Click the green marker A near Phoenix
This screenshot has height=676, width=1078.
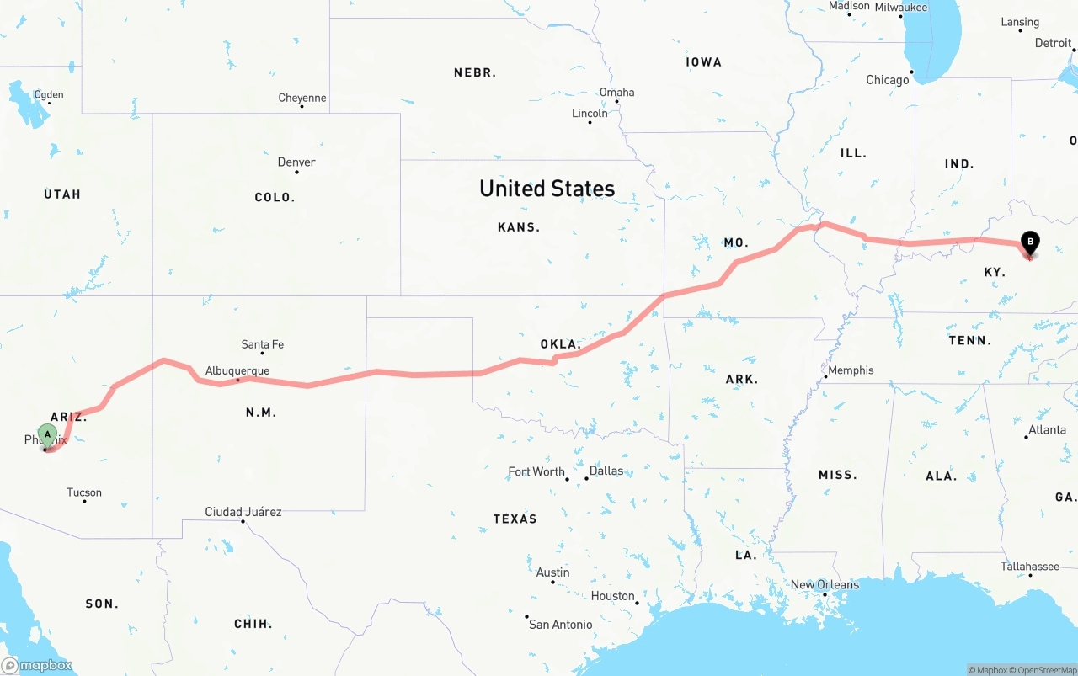pos(48,434)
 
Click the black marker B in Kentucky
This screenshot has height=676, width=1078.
pos(1029,243)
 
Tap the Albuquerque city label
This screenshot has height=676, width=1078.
pos(237,370)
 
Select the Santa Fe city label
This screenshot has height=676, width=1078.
pos(262,343)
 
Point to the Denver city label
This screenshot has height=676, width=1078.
pos(296,162)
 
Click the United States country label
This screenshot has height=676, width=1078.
pos(547,189)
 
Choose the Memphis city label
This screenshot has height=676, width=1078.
pos(851,370)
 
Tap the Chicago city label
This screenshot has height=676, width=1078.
pos(888,80)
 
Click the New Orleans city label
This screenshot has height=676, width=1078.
pos(825,584)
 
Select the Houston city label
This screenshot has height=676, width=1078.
pos(612,596)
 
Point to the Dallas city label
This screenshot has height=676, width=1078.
pos(606,471)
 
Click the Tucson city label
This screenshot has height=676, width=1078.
pos(84,492)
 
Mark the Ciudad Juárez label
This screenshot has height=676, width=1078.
pos(243,512)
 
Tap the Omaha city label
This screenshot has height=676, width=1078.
pos(616,92)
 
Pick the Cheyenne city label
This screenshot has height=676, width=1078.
pos(302,98)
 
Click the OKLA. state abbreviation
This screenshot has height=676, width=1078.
pos(560,344)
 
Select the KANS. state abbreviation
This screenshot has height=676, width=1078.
pos(519,227)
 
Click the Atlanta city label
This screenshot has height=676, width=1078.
pos(1047,429)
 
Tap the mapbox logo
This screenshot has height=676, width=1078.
pos(37,665)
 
